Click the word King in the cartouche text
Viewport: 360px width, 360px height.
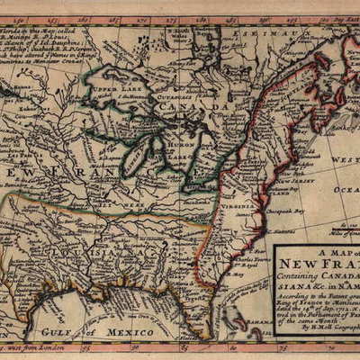tap(288, 308)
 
